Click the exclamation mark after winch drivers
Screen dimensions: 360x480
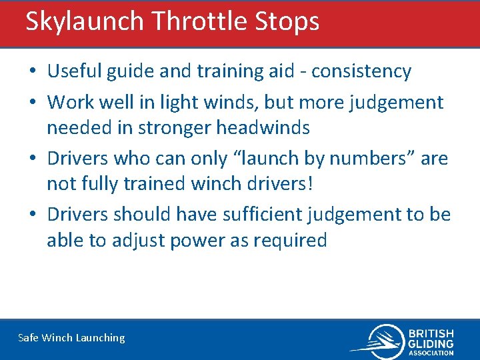[x=308, y=183]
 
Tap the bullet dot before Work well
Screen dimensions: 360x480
[x=33, y=103]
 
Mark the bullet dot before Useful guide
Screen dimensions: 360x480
[x=33, y=71]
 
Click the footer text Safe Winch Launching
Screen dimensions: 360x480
[x=71, y=338]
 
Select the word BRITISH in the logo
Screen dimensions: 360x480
[x=431, y=333]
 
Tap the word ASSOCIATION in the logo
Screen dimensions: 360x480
[x=431, y=353]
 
